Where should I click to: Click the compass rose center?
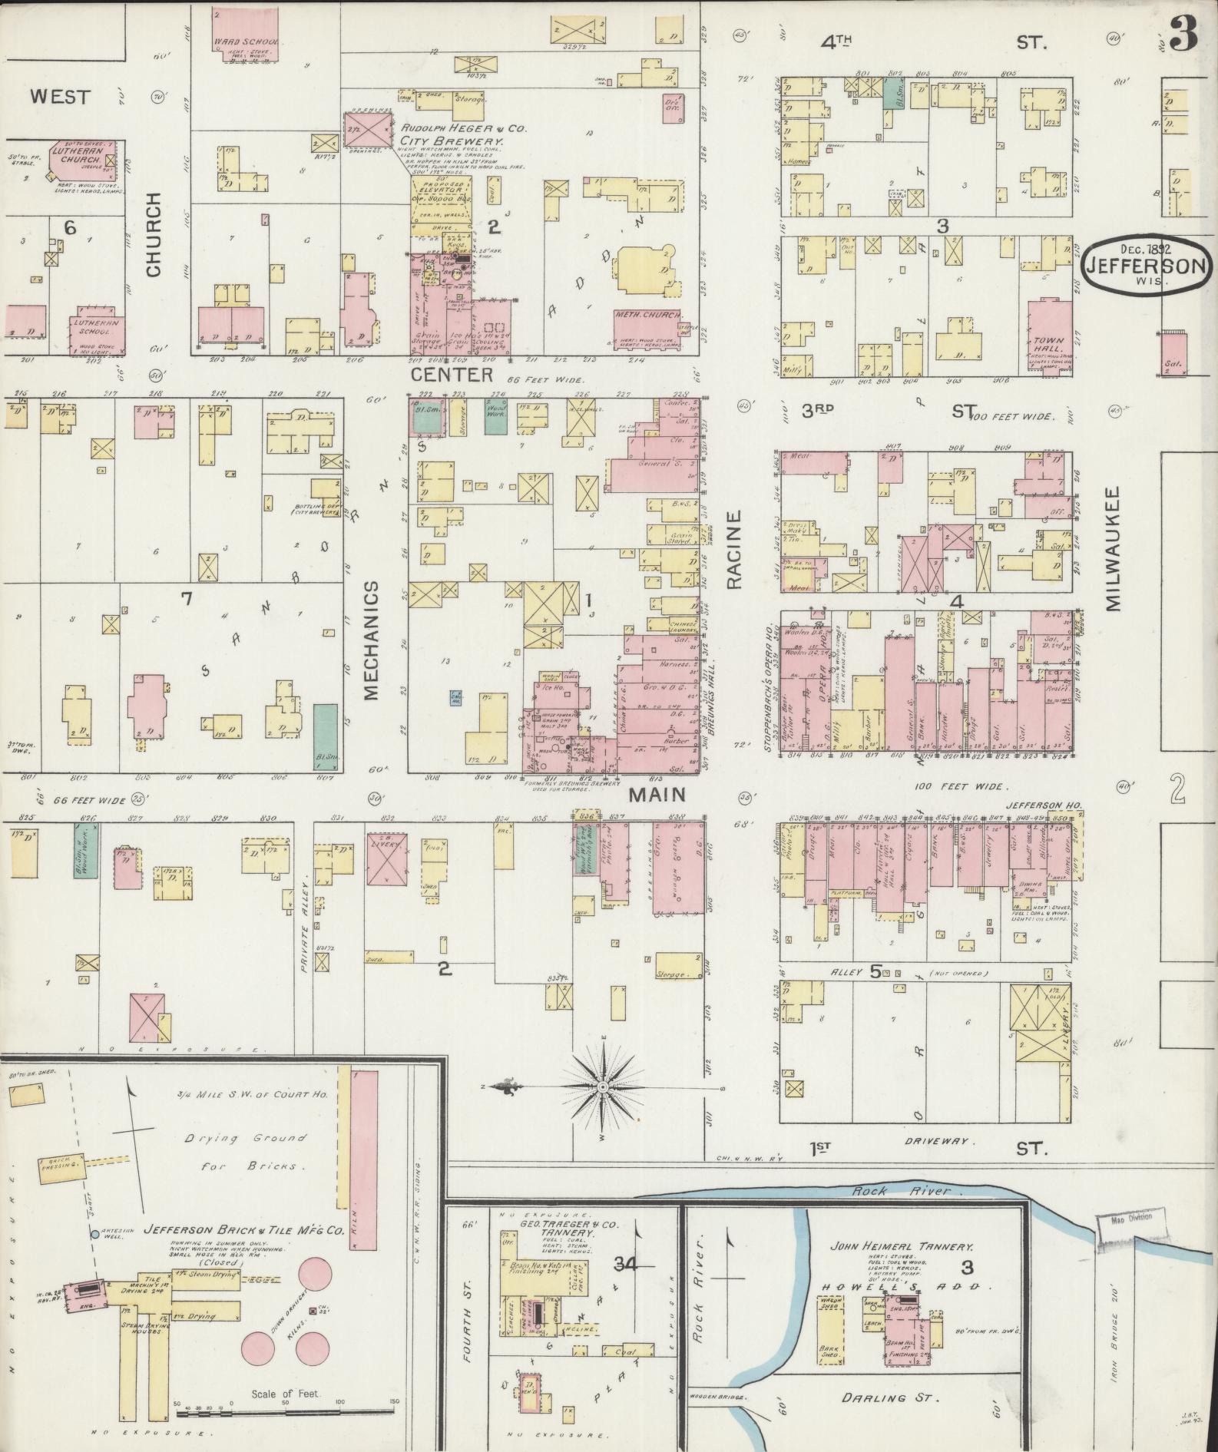click(604, 1087)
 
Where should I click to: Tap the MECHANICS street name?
click(372, 640)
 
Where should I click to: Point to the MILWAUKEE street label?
click(1114, 548)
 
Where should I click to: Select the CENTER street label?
click(452, 375)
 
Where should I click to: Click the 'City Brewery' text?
click(451, 142)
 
